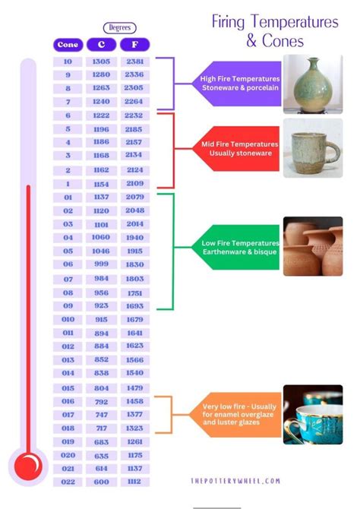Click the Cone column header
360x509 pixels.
(x=68, y=45)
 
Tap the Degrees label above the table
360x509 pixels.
(x=120, y=28)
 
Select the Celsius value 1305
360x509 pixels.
(x=101, y=62)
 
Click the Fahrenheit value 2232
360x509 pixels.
(x=134, y=115)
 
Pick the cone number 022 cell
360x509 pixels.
(x=68, y=482)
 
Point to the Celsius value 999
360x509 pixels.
(x=101, y=264)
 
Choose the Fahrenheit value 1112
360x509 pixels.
(x=134, y=482)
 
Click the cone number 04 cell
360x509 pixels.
(x=68, y=238)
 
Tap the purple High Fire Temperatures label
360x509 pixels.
(x=237, y=84)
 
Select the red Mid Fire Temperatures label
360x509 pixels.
(x=236, y=149)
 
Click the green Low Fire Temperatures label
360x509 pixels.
(x=236, y=248)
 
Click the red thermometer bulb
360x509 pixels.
(x=28, y=466)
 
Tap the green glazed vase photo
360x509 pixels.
(x=313, y=84)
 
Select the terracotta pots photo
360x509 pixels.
(x=313, y=246)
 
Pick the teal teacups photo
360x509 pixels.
(x=313, y=415)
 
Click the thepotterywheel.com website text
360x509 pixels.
(x=235, y=481)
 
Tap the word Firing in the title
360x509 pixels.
(x=228, y=22)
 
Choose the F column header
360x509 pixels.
(x=134, y=45)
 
